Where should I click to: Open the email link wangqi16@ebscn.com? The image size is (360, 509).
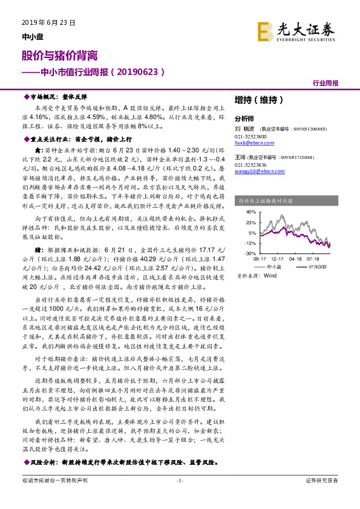point(257,172)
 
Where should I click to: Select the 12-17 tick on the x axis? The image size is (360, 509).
point(278,259)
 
